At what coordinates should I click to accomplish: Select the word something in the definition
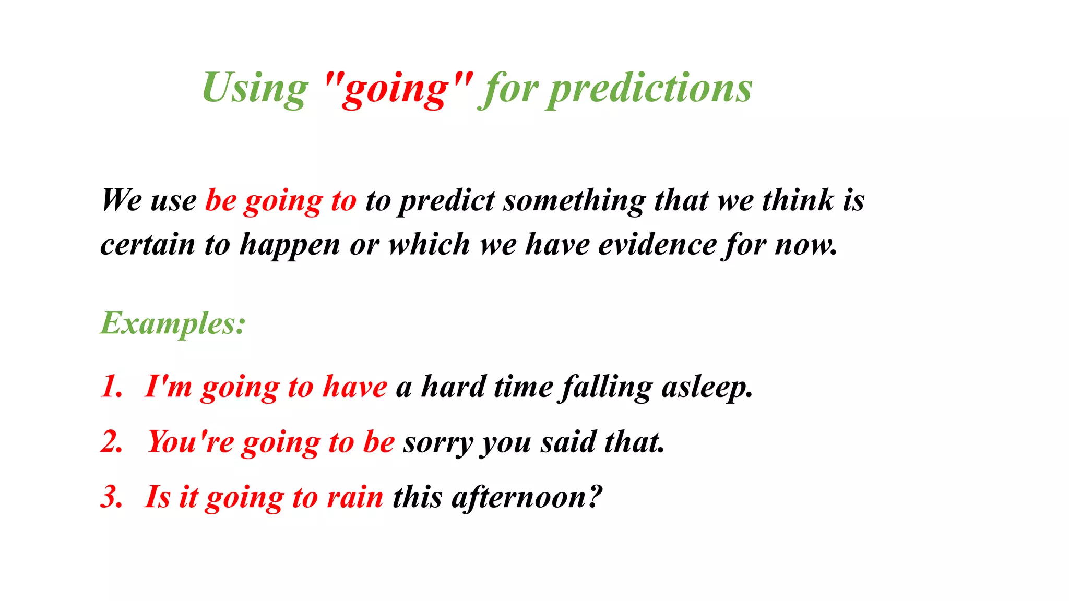[x=574, y=201]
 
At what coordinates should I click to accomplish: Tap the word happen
[x=290, y=245]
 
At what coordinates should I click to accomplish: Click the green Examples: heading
[x=173, y=323]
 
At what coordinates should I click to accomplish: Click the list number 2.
[x=111, y=442]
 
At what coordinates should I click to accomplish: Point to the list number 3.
[x=111, y=497]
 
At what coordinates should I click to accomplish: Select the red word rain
[x=355, y=497]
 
